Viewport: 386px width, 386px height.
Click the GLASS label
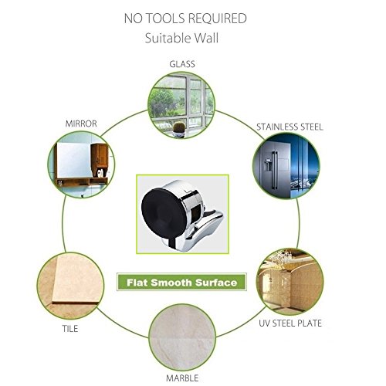pos(182,64)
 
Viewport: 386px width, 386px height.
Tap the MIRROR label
pos(81,124)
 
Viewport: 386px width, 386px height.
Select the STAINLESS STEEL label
pos(289,127)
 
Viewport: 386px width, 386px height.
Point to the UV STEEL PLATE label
pos(290,323)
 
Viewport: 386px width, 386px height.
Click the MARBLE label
pos(182,378)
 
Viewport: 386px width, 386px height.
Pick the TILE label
pos(70,329)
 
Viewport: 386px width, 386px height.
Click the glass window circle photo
pos(181,105)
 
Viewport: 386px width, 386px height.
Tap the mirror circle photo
pos(81,164)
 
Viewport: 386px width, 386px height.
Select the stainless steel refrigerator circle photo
pos(286,166)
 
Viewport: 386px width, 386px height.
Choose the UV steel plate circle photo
pos(290,282)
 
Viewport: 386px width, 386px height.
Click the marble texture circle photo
pos(182,337)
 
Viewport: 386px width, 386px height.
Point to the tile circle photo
pos(70,286)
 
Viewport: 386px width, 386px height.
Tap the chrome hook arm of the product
pos(207,225)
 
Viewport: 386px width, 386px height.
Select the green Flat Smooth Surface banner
pos(182,282)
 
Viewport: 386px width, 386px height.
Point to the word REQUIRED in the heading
pos(217,19)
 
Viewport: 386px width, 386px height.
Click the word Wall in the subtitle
pos(206,38)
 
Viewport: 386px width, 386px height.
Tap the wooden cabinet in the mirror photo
pos(100,157)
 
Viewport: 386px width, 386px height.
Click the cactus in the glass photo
pos(179,127)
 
